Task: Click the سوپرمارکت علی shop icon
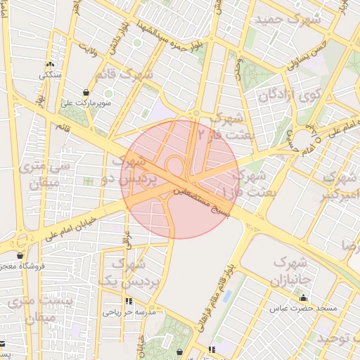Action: point(86,92)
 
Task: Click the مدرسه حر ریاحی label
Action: point(134,311)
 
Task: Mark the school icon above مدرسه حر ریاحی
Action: point(129,301)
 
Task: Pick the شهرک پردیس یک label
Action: point(129,273)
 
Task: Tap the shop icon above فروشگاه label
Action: point(20,256)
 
